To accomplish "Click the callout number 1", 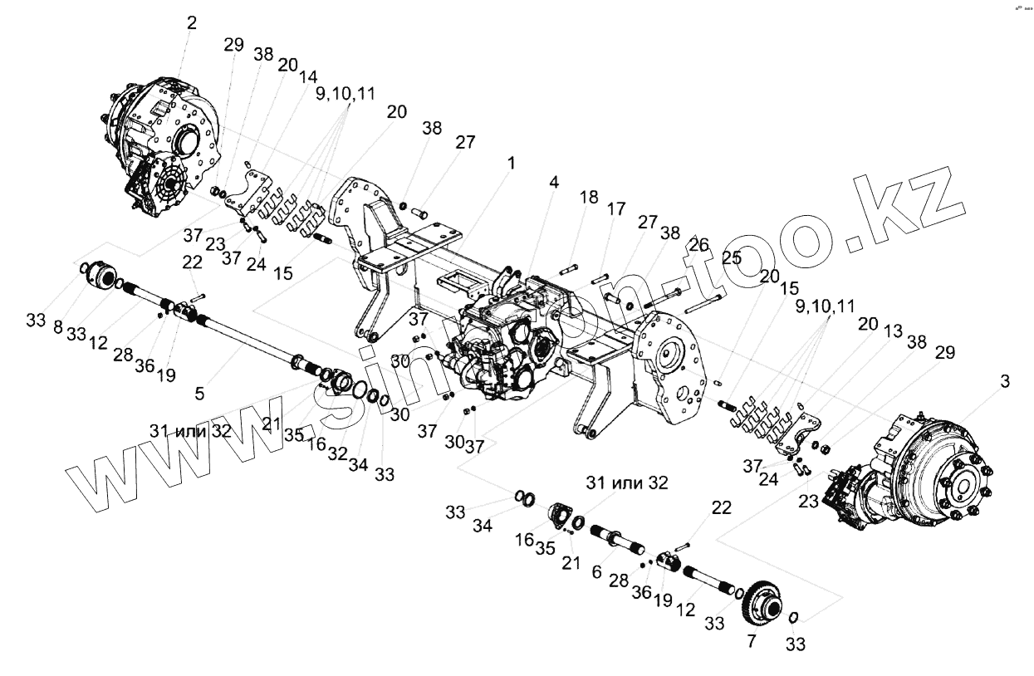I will [x=512, y=164].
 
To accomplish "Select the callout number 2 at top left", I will [x=192, y=23].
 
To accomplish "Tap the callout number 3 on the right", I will [x=1005, y=382].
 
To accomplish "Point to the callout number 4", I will [x=552, y=181].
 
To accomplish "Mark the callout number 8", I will [x=58, y=327].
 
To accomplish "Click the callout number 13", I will [x=894, y=331].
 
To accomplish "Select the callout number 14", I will [x=308, y=76].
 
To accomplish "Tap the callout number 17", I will [x=615, y=210].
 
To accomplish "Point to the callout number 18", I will [x=588, y=197].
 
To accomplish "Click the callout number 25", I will [x=732, y=257].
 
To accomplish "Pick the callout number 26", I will [x=698, y=245].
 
